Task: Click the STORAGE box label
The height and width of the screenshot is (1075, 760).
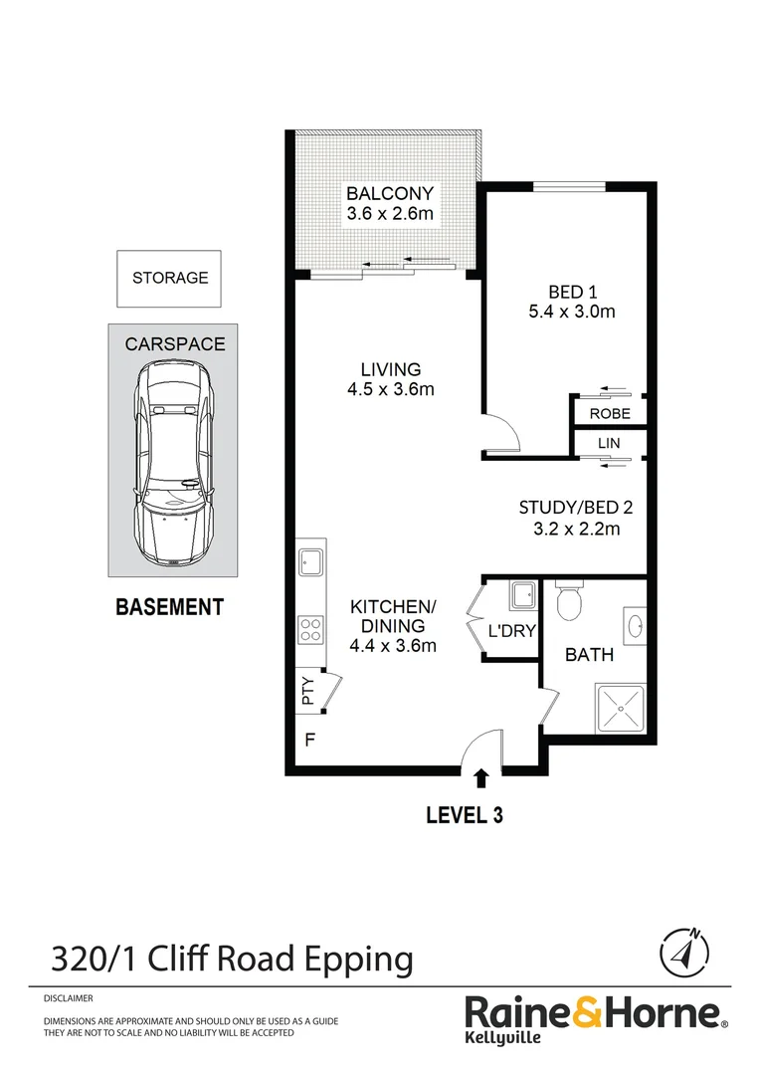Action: [x=170, y=278]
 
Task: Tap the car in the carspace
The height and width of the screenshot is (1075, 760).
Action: [x=175, y=466]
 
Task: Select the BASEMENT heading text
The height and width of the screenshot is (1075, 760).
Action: [x=169, y=606]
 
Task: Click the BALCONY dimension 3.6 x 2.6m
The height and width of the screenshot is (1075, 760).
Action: [x=390, y=214]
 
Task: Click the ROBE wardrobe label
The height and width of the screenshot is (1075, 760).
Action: [x=609, y=413]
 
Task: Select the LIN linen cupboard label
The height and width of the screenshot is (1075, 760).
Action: [x=609, y=442]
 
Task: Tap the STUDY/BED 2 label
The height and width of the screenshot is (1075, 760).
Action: [x=575, y=507]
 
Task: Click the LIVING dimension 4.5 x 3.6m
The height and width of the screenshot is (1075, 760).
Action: [x=390, y=389]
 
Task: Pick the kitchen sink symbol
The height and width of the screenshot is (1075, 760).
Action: [x=310, y=562]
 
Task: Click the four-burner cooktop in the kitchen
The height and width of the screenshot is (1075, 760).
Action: [x=310, y=630]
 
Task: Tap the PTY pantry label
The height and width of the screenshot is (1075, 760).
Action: [x=308, y=690]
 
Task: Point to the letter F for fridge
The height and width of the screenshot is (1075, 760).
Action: [x=309, y=741]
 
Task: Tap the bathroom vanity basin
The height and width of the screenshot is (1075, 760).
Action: [x=634, y=626]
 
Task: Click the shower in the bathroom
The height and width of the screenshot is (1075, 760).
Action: [x=620, y=708]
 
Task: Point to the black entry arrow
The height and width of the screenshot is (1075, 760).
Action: [x=482, y=778]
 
